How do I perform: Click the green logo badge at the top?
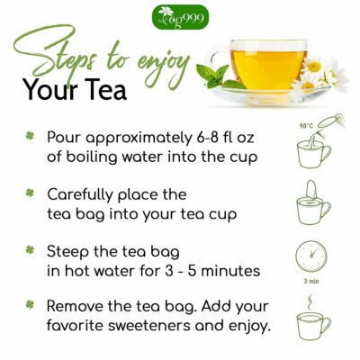pos(181,16)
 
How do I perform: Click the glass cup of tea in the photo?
pos(271,63)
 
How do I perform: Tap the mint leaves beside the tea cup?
pos(216,76)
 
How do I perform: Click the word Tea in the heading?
pos(102,92)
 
